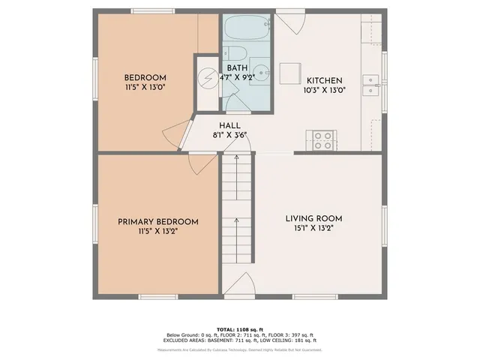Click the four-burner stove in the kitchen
coord(323,139)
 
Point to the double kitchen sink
coord(370,85)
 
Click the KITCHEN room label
coord(323,80)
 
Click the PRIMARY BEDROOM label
coord(157,222)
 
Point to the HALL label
coord(229,125)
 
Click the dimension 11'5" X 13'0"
coord(145,88)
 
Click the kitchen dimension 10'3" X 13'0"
coord(323,90)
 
